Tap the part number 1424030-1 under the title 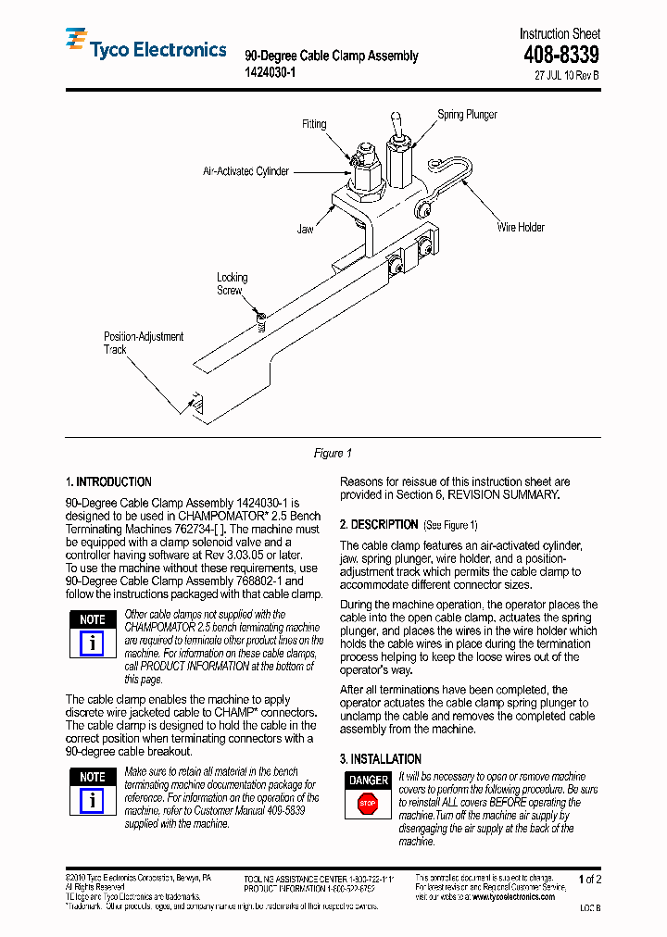tap(270, 72)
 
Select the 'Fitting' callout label tap(314, 124)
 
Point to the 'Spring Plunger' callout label tap(467, 115)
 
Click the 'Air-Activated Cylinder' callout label tap(245, 171)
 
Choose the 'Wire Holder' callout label tap(521, 227)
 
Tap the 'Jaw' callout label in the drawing tap(305, 229)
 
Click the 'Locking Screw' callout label tap(232, 283)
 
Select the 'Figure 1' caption tap(333, 453)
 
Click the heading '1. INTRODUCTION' tap(108, 481)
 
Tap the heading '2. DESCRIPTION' tap(379, 524)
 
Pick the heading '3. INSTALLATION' tap(380, 758)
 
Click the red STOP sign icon tap(368, 805)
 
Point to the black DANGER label tap(368, 781)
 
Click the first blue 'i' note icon tap(92, 643)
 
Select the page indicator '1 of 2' tap(589, 879)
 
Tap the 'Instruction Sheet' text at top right tap(559, 33)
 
